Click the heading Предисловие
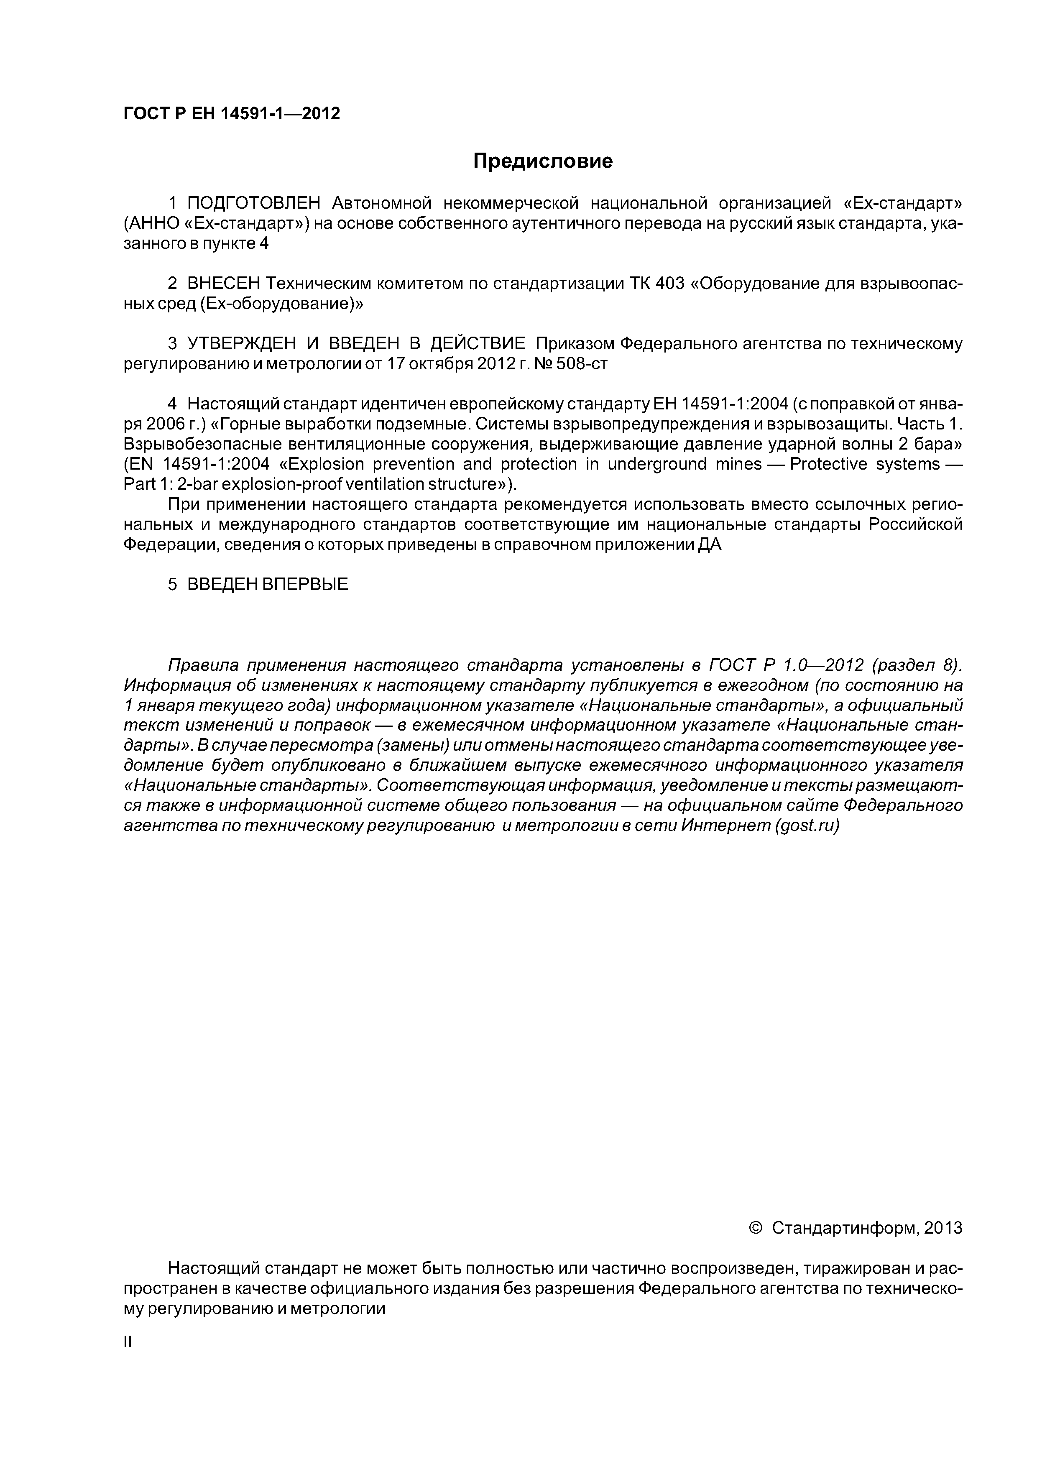pyautogui.click(x=542, y=161)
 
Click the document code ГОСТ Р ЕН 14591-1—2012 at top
pyautogui.click(x=231, y=114)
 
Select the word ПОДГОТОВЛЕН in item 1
pyautogui.click(x=254, y=203)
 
